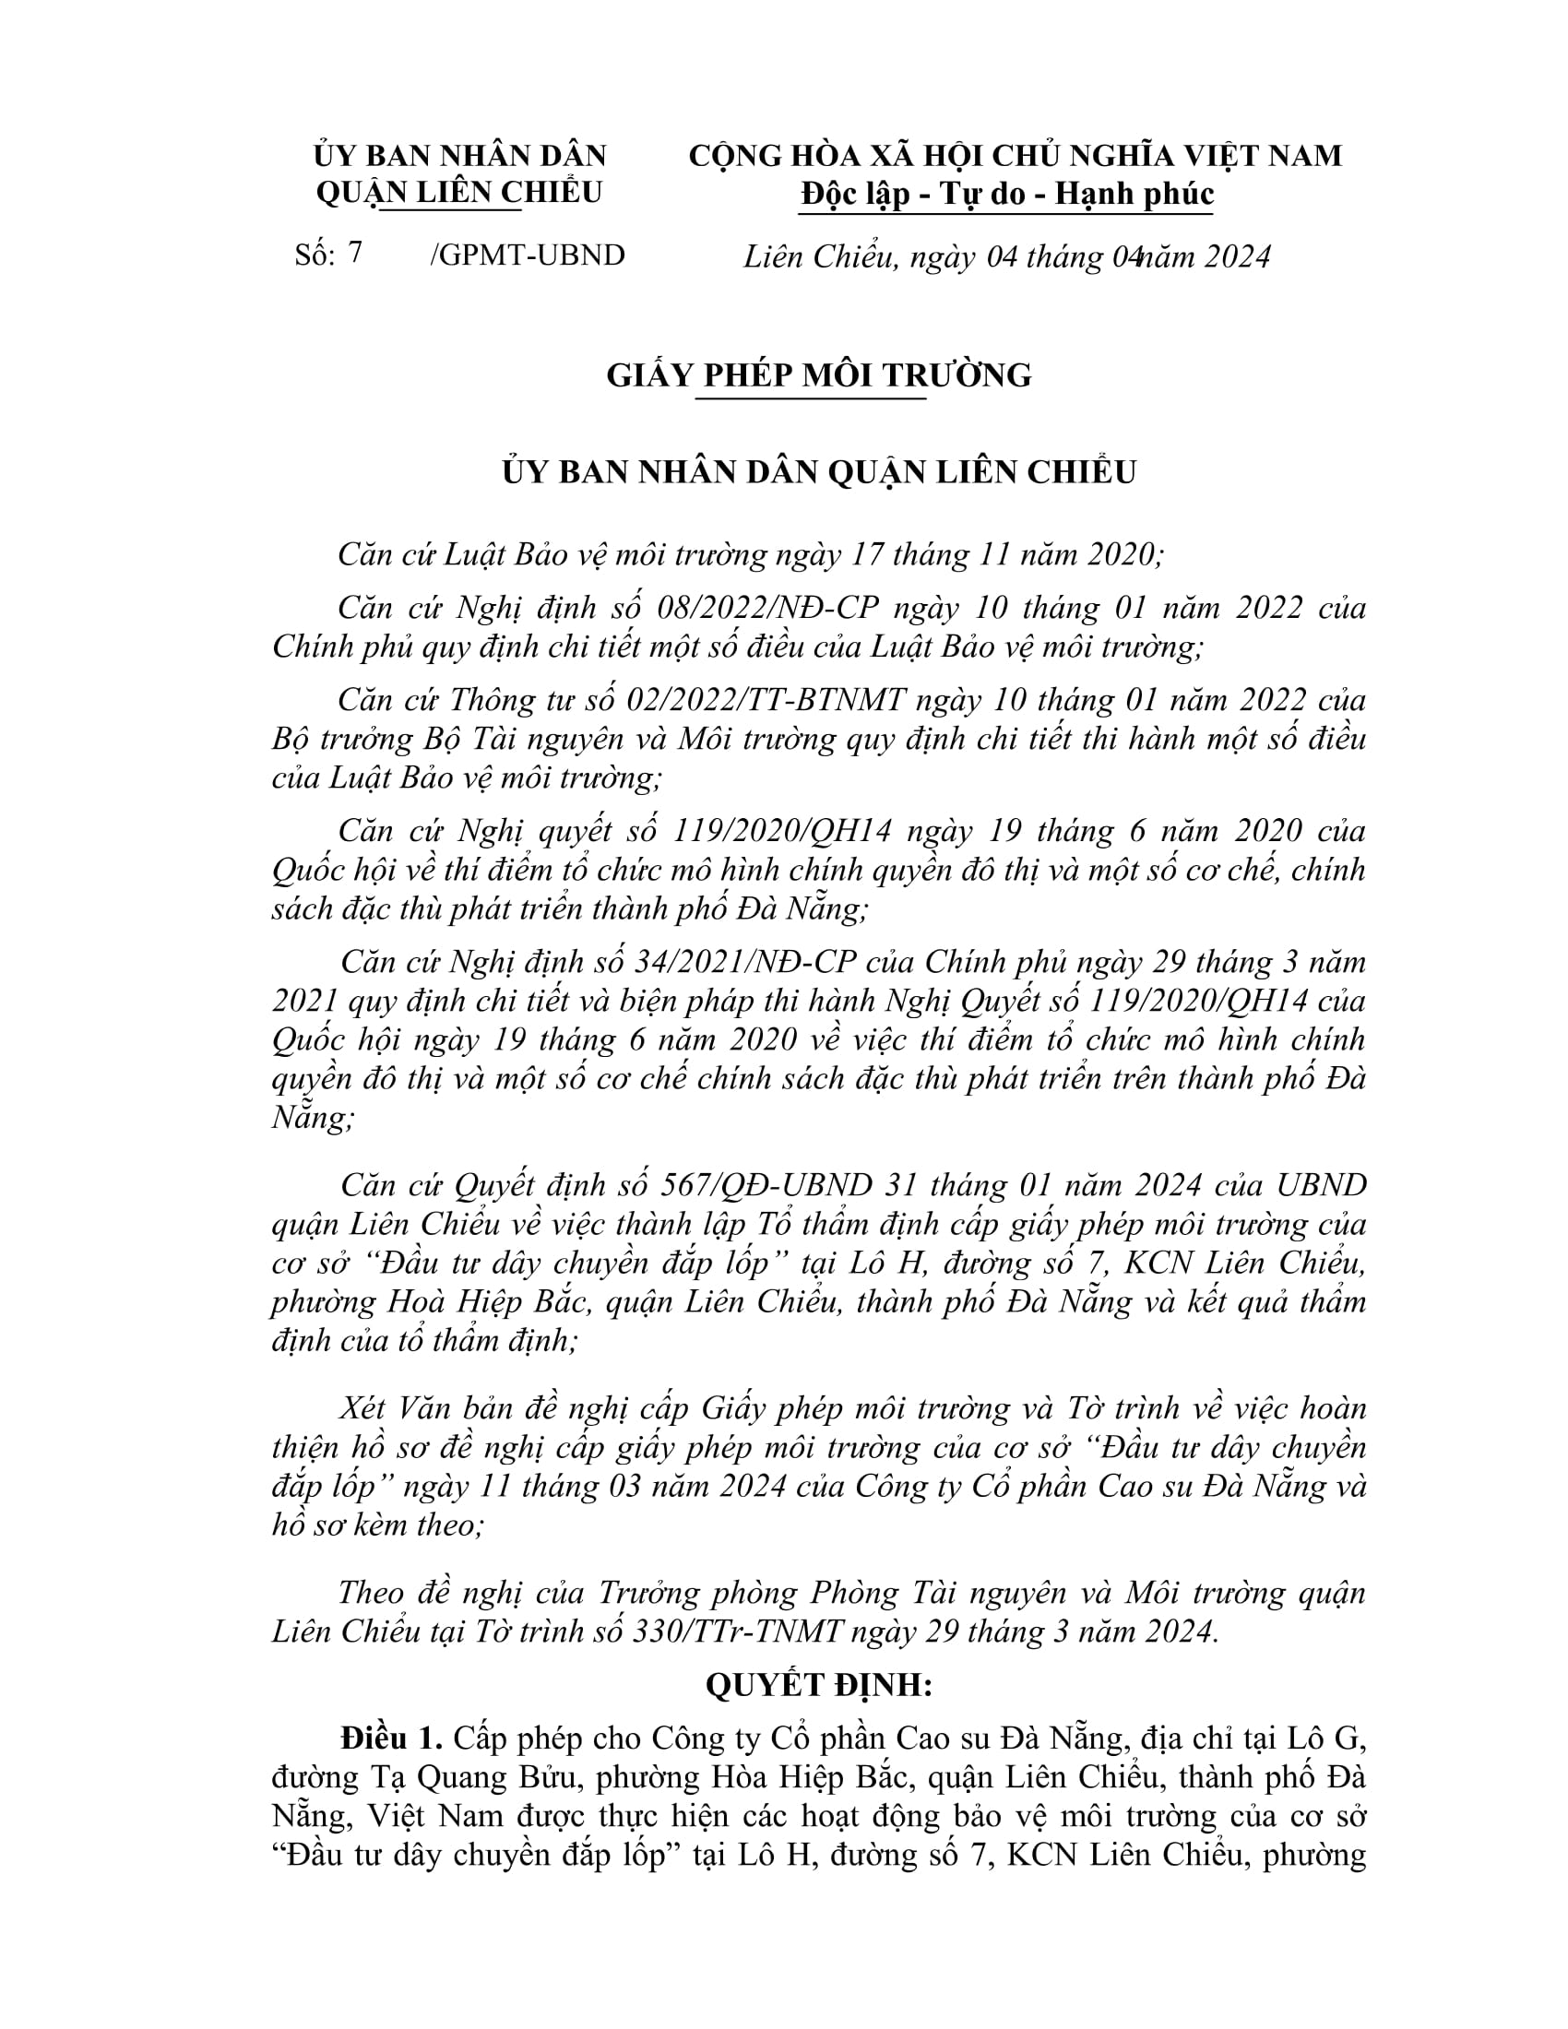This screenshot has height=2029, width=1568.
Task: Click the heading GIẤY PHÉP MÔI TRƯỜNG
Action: coord(818,375)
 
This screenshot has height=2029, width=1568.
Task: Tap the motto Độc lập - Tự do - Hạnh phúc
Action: coord(1007,194)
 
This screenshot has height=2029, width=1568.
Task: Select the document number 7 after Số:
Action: coord(354,253)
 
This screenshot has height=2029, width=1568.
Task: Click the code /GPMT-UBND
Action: coord(528,255)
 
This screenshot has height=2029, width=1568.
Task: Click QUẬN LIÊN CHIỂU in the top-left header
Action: coord(460,193)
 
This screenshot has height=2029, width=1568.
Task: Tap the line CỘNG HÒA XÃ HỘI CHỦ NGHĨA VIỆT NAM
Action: coord(1016,155)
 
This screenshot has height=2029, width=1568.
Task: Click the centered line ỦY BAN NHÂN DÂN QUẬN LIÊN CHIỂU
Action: coord(818,472)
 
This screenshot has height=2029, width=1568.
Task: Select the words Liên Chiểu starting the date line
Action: coord(818,256)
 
